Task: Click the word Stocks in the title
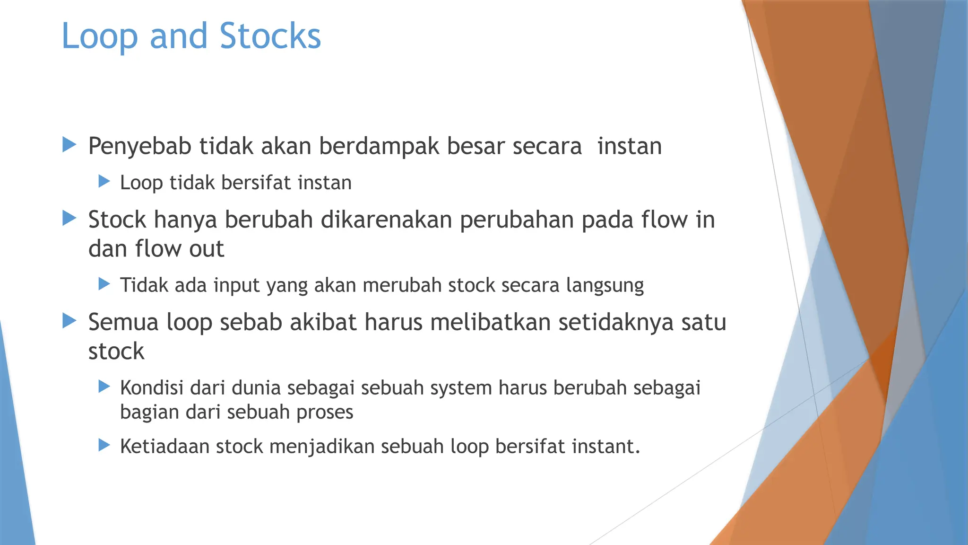tap(270, 36)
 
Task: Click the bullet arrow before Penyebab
tap(69, 145)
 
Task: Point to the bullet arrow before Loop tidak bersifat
tap(104, 181)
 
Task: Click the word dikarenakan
tap(386, 220)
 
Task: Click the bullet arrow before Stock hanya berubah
tap(69, 219)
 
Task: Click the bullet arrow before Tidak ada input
tap(104, 284)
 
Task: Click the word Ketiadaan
tap(164, 447)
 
